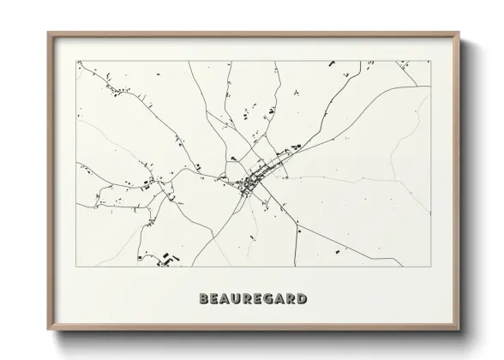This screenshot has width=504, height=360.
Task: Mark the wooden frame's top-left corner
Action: (x=48, y=33)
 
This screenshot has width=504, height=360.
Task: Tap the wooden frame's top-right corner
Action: (x=459, y=33)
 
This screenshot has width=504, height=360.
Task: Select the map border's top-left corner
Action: (x=76, y=60)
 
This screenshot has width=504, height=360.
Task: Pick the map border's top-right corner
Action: (x=430, y=60)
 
